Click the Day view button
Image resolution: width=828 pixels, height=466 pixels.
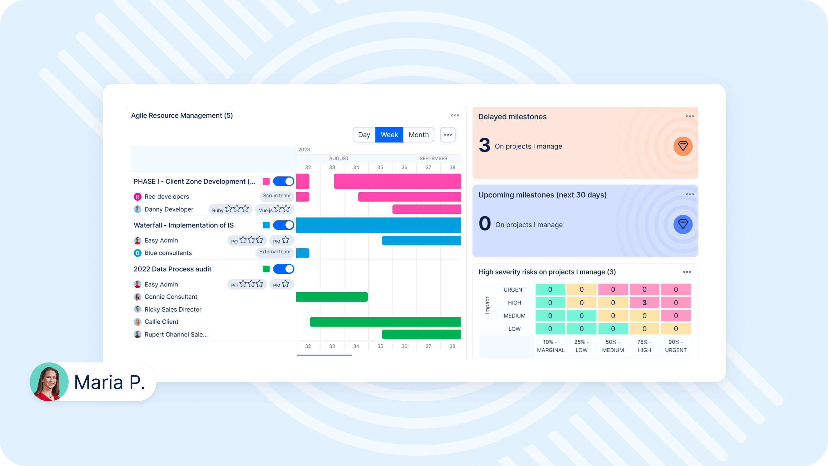tap(364, 135)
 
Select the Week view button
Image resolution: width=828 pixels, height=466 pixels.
tap(389, 135)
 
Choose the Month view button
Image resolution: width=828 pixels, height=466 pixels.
tap(419, 135)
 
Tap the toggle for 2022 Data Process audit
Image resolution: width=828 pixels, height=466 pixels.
tap(283, 269)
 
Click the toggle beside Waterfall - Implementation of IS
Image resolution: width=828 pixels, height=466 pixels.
tap(283, 225)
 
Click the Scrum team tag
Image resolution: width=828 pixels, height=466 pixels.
tap(277, 196)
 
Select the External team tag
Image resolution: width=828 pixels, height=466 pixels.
tap(275, 252)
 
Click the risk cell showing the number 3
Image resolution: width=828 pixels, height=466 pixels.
tap(644, 303)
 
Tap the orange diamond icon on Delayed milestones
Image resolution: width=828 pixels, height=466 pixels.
tap(683, 146)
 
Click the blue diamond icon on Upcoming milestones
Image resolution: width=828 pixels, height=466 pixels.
tap(683, 224)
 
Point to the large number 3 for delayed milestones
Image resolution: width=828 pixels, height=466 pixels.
tap(485, 145)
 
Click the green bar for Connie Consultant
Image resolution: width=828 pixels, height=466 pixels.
tap(332, 297)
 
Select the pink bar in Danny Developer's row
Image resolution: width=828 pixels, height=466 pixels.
tap(426, 209)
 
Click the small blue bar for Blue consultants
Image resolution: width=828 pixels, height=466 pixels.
tap(303, 253)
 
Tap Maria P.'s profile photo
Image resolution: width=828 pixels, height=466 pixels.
tap(49, 382)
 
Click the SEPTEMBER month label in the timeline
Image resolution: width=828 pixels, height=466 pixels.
tap(433, 159)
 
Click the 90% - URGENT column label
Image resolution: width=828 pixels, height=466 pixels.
tap(676, 346)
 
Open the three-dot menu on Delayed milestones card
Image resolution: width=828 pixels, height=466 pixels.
tap(690, 116)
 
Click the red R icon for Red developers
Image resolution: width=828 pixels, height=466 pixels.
tap(137, 197)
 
